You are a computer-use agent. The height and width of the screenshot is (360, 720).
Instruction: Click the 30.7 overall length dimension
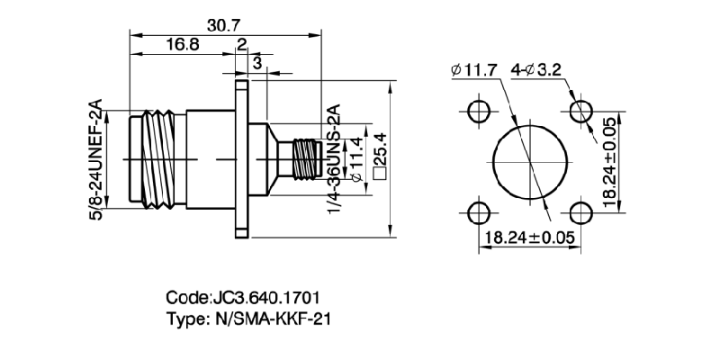click(215, 27)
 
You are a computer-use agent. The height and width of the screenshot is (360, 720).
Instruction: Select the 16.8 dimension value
click(183, 45)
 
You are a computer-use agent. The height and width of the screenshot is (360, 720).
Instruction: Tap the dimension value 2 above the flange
click(241, 45)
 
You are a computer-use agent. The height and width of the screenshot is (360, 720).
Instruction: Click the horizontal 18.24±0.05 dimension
click(530, 239)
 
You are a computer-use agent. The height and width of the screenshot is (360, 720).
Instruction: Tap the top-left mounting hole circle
click(479, 112)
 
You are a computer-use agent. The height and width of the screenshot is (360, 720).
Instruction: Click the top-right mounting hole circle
click(581, 112)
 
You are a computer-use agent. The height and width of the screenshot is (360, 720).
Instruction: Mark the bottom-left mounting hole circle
click(479, 213)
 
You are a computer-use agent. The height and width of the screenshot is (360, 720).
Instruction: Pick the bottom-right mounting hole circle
click(581, 213)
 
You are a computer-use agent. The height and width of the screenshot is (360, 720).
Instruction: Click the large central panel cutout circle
click(530, 163)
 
